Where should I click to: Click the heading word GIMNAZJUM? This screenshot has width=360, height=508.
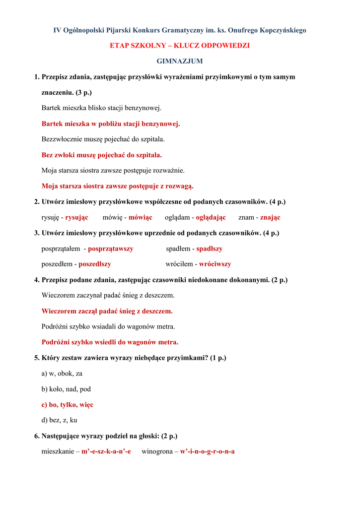coord(180,62)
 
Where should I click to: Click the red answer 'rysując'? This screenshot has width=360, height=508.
coord(76,217)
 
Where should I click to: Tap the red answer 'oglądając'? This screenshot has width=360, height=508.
coord(211,217)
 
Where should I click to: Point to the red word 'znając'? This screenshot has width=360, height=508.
coord(270,217)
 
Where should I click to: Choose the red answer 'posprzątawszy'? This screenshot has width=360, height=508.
coord(111,249)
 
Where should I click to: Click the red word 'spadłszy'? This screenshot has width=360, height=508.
coord(209,249)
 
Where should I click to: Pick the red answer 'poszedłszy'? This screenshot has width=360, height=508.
coord(95,264)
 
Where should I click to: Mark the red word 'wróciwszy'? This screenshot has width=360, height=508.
coord(215,264)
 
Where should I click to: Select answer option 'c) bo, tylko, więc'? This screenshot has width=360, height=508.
coord(67,405)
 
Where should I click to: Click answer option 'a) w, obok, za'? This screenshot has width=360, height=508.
coord(62,374)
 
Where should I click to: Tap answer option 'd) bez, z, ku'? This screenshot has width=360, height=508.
coord(59,420)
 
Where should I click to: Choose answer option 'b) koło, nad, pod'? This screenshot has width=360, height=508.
coord(66,389)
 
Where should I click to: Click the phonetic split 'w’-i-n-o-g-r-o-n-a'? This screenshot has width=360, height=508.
coord(207,451)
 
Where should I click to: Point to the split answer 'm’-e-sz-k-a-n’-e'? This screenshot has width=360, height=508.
coord(106,451)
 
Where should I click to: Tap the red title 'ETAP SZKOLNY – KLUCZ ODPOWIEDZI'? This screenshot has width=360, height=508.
coord(180,46)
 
